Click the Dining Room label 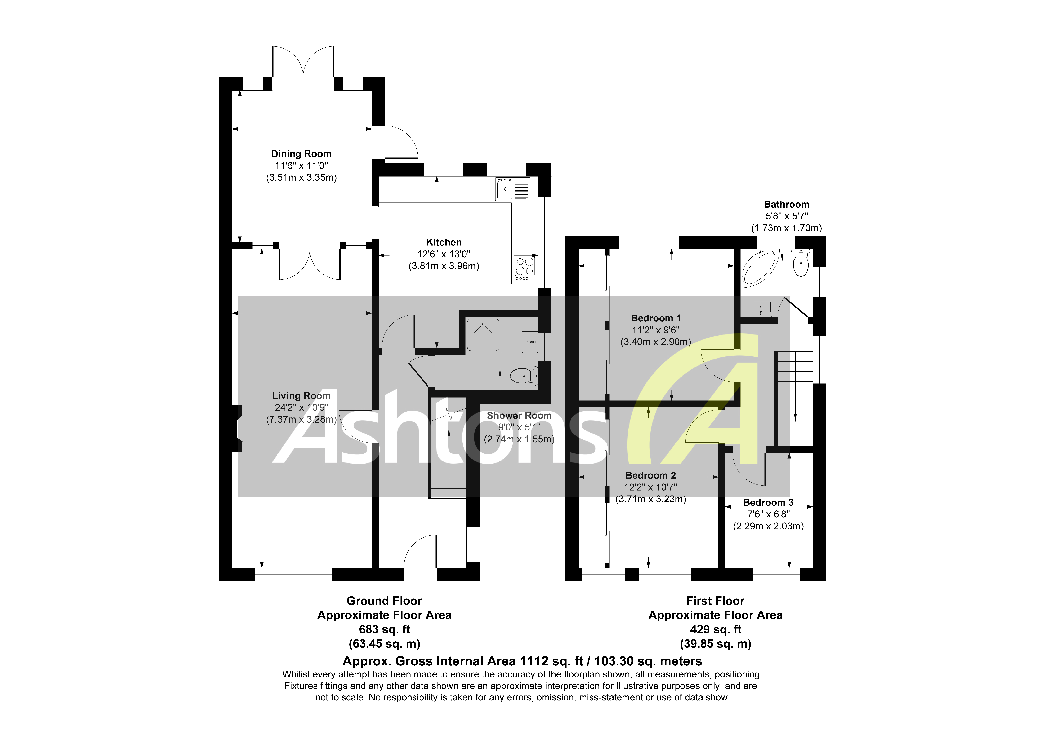coord(301,154)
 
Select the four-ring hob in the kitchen coord(524,268)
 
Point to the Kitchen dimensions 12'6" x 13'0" coord(444,254)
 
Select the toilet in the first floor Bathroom coord(801,264)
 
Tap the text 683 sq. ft coord(384,629)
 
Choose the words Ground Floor coord(384,601)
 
